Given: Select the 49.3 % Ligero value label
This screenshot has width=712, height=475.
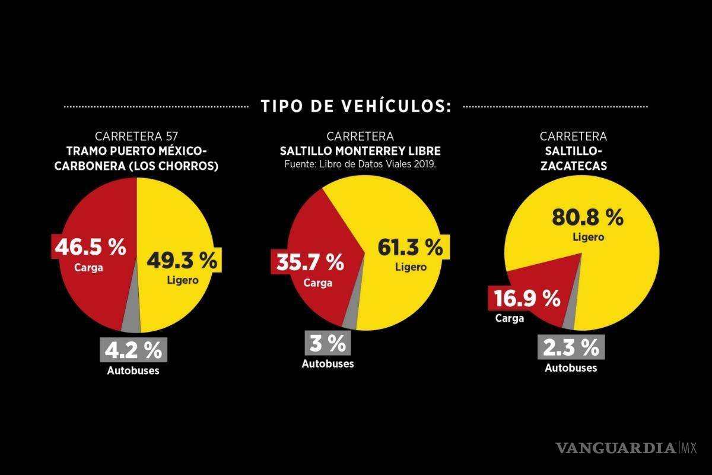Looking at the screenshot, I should [x=182, y=261].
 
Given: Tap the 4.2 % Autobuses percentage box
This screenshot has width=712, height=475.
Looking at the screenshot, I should [x=133, y=350].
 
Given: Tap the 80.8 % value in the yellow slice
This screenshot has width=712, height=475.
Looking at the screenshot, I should [x=587, y=217].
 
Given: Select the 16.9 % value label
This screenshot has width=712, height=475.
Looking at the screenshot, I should [x=525, y=299].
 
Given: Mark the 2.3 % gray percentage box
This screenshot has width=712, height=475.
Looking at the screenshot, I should [x=570, y=348].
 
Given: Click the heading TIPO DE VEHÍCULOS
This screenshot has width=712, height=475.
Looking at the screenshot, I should [x=356, y=107].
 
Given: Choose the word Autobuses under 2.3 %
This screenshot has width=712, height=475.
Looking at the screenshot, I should [x=571, y=368].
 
